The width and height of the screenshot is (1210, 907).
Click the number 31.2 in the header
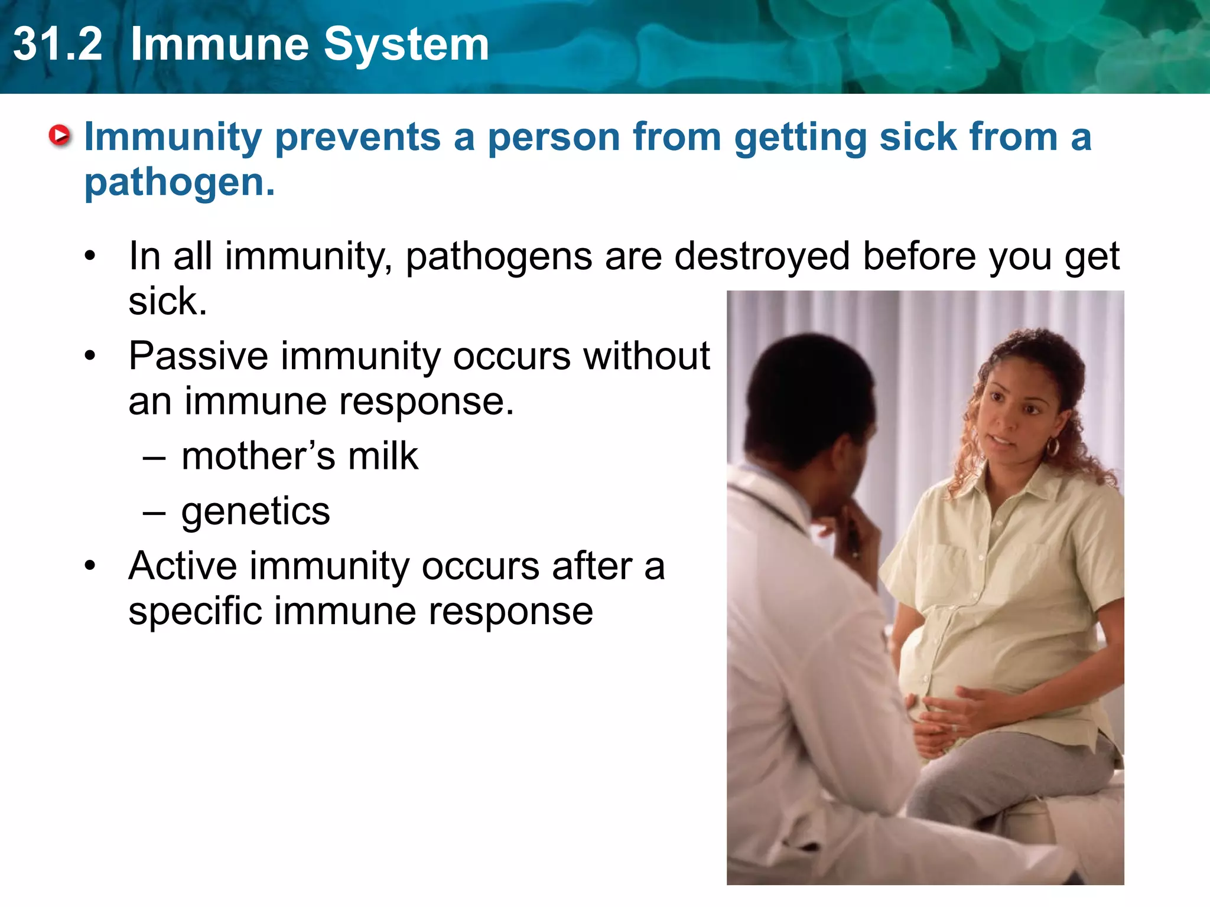57,45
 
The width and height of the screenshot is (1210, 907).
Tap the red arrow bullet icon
59,136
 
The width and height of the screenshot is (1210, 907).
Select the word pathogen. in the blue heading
180,182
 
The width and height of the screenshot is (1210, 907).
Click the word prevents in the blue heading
358,137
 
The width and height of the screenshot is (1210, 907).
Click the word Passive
199,356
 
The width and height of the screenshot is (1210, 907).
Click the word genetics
255,511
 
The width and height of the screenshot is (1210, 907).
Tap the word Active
183,566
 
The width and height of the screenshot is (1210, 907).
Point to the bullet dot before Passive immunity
90,356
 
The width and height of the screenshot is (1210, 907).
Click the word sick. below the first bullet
168,302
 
